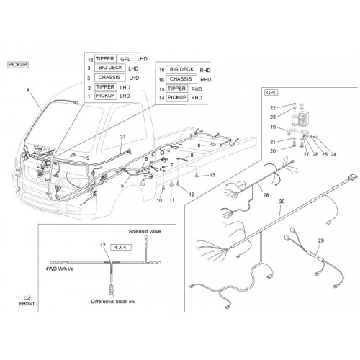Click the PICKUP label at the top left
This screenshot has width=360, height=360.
[x=18, y=65]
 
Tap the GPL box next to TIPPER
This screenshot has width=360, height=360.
[x=126, y=59]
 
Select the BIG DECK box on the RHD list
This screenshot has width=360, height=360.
[x=181, y=70]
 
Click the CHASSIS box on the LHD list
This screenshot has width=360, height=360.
[x=109, y=78]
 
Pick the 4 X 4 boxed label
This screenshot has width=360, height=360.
[x=120, y=247]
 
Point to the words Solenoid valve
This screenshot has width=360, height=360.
[x=145, y=232]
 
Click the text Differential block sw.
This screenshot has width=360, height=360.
[x=113, y=302]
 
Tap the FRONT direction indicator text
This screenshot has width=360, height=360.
[x=27, y=304]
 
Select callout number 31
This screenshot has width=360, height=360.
[x=123, y=137]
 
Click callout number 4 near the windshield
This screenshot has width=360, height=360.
[x=28, y=90]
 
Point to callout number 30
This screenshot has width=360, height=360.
[x=282, y=202]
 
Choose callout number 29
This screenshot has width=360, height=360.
[x=321, y=240]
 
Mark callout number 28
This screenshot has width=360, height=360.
[x=266, y=195]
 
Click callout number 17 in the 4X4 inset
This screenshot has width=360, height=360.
[x=103, y=246]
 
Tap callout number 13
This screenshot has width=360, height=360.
[x=212, y=175]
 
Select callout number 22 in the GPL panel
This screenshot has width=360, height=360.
[x=273, y=108]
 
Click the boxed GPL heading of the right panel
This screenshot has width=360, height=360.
[x=271, y=93]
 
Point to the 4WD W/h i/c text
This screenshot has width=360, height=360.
[x=60, y=269]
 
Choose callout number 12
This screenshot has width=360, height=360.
[x=192, y=194]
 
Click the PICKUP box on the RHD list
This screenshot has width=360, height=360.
[x=177, y=98]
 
